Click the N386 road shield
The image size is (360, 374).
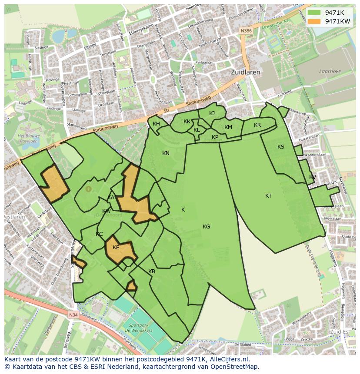tap(247, 30)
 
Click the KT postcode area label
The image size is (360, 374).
tap(269, 196)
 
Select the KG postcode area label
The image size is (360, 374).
tap(206, 226)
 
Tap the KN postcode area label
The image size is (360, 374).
tap(166, 153)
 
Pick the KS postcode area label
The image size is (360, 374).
tap(281, 147)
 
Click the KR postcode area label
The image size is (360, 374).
tap(257, 125)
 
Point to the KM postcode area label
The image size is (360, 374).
tap(228, 127)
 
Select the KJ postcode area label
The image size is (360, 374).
tap(212, 113)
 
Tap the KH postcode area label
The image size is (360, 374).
tap(156, 124)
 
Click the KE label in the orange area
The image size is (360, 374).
tap(116, 248)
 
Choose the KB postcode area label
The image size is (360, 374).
tap(152, 271)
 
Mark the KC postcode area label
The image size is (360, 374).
tap(99, 234)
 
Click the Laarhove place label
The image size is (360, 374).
tap(329, 71)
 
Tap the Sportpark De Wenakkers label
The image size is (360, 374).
tap(137, 326)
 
